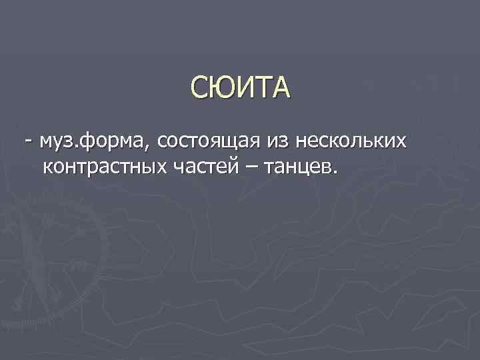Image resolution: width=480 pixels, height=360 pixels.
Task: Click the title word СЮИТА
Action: pyautogui.click(x=240, y=88)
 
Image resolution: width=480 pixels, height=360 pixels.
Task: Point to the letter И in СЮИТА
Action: pyautogui.click(x=244, y=88)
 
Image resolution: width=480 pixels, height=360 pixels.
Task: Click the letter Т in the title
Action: pyautogui.click(x=263, y=88)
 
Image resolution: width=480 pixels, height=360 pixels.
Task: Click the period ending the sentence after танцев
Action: pyautogui.click(x=335, y=172)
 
